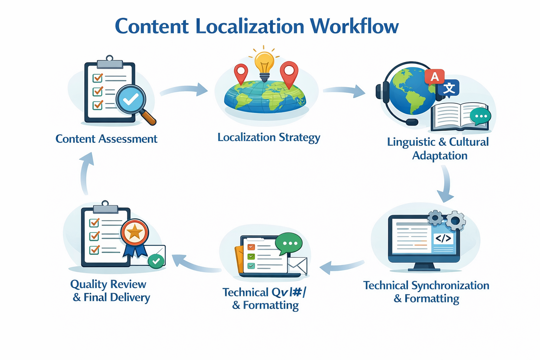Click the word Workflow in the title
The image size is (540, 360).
[354, 26]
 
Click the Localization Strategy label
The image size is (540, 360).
[269, 137]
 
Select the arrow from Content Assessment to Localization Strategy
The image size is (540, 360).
[184, 90]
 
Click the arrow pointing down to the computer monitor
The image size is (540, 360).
[445, 184]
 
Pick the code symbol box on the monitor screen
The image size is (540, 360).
[443, 239]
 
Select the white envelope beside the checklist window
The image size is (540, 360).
[297, 265]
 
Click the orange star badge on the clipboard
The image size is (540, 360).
[135, 232]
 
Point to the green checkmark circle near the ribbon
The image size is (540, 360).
[156, 261]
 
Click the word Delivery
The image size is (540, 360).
[130, 298]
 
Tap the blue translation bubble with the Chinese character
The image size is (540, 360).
[449, 88]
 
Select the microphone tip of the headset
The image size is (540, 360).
[412, 122]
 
